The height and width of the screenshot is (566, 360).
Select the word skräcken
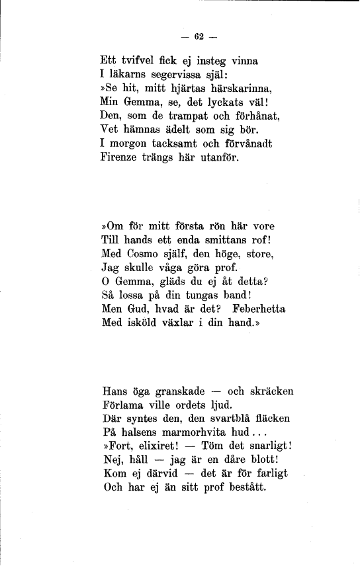[269, 391]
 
